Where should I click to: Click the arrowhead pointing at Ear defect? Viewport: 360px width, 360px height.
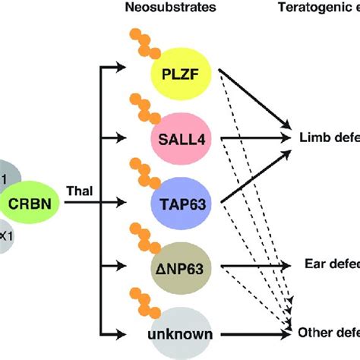[286, 265]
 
